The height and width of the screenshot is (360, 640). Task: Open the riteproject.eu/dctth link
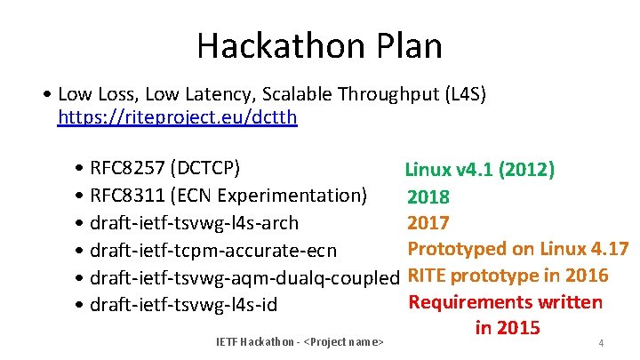[177, 116]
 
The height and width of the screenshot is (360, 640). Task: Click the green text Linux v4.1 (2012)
[480, 170]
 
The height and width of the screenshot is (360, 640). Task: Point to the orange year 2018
[428, 196]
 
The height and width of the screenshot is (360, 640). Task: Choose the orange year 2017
[428, 222]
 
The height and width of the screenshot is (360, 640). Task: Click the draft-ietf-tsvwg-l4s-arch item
[193, 222]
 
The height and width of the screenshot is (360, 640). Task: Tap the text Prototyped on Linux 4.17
[517, 249]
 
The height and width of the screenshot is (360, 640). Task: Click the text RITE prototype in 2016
[508, 276]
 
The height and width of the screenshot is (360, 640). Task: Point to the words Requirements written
[505, 302]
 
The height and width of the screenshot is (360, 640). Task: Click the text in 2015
[508, 328]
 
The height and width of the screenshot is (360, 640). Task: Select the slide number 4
[602, 343]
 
